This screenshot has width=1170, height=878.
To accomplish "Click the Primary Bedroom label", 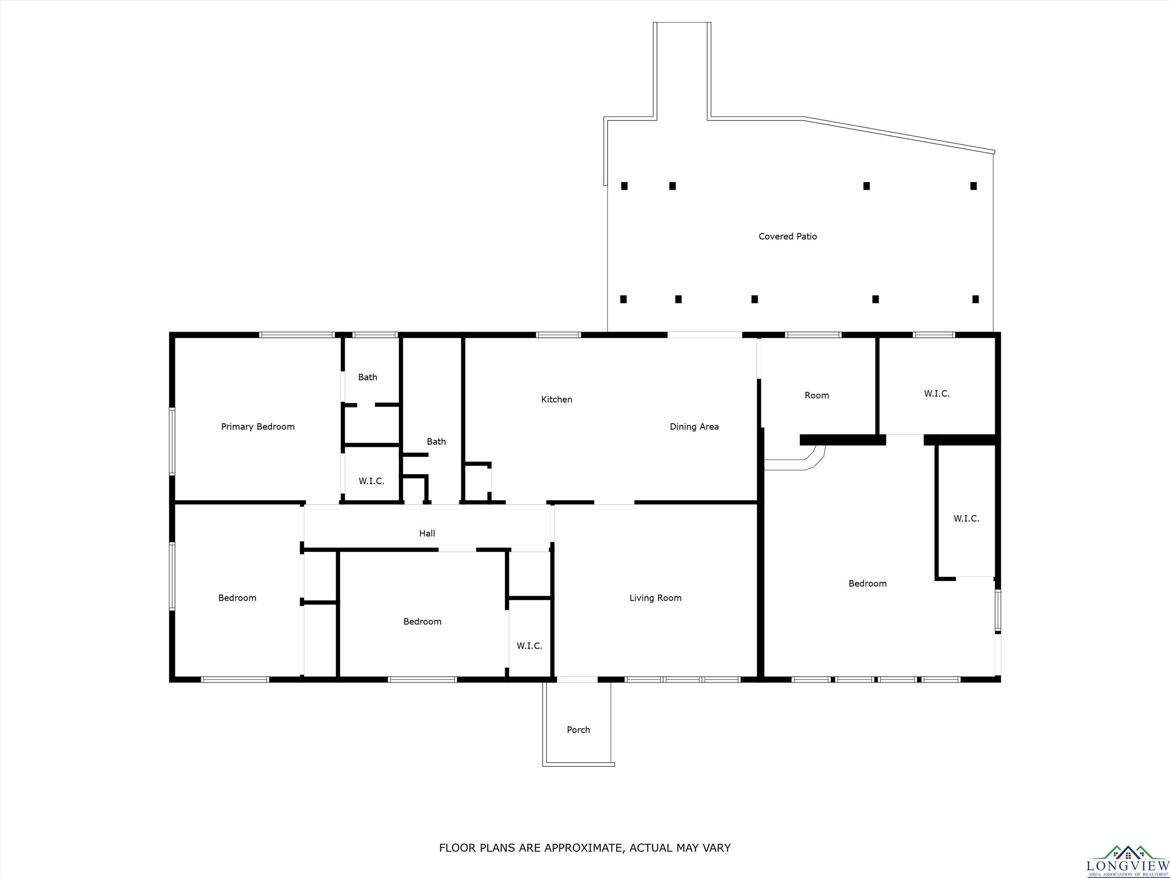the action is [257, 426].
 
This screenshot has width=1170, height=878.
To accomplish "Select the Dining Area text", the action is [694, 426].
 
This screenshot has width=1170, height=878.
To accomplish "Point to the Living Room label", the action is [655, 598].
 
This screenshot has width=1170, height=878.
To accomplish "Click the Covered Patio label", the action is [788, 237].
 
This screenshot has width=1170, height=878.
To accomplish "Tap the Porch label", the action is [578, 730].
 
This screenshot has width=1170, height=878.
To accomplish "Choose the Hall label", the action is [427, 534].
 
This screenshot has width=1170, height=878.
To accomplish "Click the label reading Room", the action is [817, 395].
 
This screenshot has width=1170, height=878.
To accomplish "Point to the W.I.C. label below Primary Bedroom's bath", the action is [371, 481].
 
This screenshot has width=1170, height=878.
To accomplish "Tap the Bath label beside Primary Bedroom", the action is [368, 377].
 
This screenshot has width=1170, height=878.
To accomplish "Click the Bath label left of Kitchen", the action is [436, 441].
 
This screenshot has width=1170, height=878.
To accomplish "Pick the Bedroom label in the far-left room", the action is [237, 598].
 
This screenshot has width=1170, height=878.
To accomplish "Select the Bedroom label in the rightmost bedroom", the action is [868, 584].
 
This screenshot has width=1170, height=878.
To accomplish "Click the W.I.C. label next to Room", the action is [937, 394].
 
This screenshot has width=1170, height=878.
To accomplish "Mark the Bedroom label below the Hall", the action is [422, 622].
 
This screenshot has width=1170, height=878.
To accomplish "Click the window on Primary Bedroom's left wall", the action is [172, 441].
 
